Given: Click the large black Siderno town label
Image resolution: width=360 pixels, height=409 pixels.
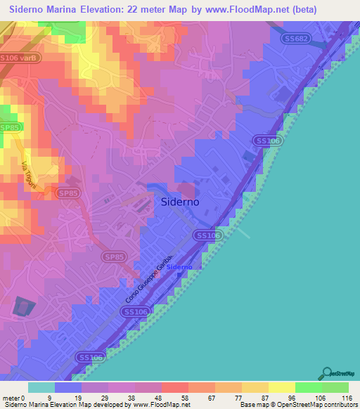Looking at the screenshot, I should (176, 201).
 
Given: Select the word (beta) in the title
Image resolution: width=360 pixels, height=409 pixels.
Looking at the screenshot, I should (304, 10).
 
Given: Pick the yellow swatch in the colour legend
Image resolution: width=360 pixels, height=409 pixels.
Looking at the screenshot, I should (281, 387).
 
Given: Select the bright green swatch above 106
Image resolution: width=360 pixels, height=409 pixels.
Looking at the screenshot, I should (308, 387).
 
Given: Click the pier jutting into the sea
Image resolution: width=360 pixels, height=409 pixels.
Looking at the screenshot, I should (240, 231).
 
